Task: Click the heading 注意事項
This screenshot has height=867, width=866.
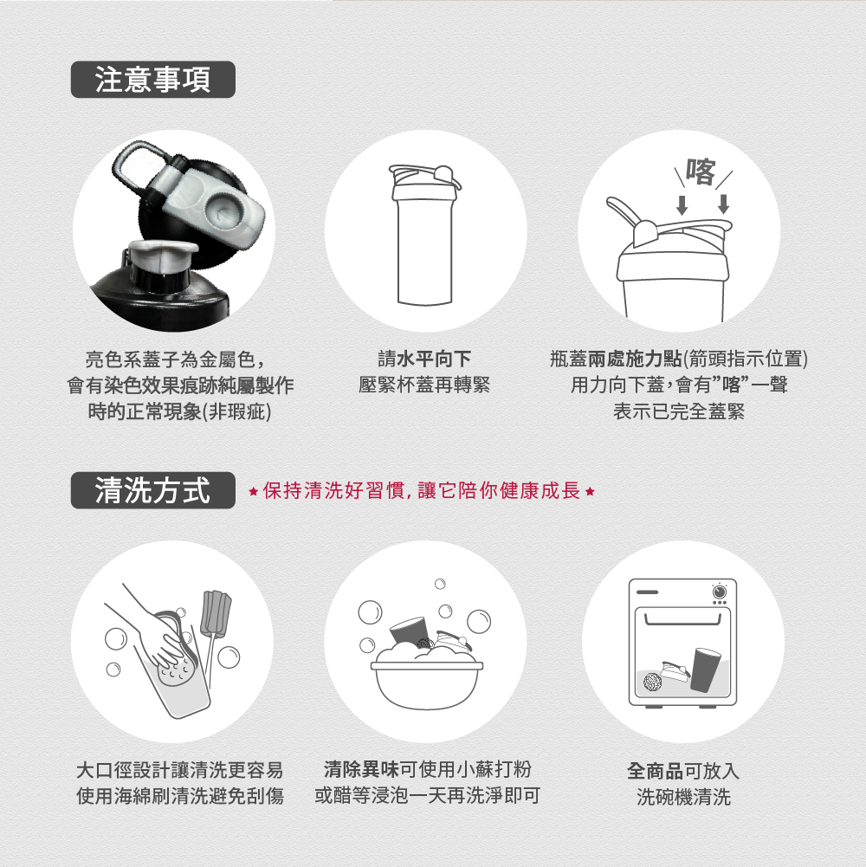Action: [152, 80]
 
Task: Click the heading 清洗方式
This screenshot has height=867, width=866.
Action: [152, 490]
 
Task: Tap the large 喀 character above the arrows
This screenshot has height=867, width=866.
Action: [701, 172]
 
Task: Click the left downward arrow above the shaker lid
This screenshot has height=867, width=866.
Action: [682, 204]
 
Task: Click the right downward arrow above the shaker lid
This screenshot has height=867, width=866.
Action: [723, 204]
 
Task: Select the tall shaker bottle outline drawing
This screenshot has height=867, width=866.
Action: [424, 235]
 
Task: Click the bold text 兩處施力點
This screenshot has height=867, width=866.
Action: [635, 359]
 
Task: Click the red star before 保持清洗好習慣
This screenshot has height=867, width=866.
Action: [253, 491]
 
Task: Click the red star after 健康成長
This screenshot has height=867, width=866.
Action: [590, 491]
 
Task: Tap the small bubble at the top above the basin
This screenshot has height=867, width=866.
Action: [440, 584]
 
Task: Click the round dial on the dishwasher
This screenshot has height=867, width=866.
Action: [720, 592]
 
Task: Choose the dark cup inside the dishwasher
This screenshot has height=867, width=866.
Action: [706, 670]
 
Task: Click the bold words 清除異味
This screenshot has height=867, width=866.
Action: [361, 769]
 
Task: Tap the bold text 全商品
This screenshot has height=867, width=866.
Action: [655, 770]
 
